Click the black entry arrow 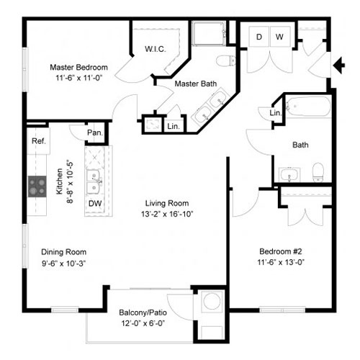[x=339, y=65]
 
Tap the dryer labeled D [x=259, y=37]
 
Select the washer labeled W [x=280, y=37]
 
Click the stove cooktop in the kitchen [x=37, y=186]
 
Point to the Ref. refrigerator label [x=38, y=141]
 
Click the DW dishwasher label [x=95, y=204]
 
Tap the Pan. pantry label [x=95, y=132]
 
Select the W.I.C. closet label [x=156, y=49]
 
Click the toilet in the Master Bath [x=226, y=60]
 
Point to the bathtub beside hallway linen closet [x=308, y=107]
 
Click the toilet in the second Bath [x=318, y=172]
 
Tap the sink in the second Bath [x=289, y=175]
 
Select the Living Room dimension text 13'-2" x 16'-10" [x=167, y=214]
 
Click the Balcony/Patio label [x=143, y=312]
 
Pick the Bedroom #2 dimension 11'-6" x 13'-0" [x=281, y=262]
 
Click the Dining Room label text [x=64, y=252]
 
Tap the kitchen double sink [x=94, y=181]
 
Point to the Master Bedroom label [x=78, y=67]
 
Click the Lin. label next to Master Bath [x=174, y=126]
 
